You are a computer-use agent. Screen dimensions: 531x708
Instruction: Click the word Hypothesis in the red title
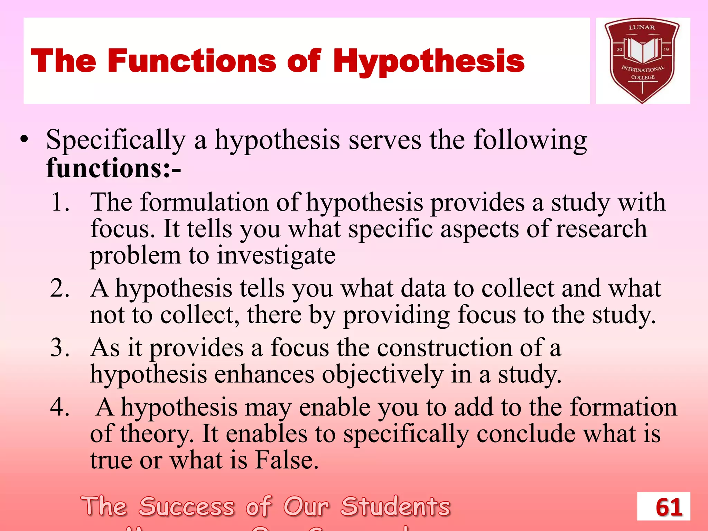pos(429,62)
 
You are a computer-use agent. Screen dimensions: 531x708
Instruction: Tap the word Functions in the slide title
pos(192,61)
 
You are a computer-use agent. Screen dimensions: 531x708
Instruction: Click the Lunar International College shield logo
pos(642,60)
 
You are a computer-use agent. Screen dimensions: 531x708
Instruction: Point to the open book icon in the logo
pos(642,50)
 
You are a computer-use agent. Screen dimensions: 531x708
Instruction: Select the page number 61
pos(669,507)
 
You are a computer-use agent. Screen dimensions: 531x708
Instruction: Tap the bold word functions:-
pos(114,168)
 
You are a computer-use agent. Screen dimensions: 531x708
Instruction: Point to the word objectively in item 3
pos(382,375)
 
